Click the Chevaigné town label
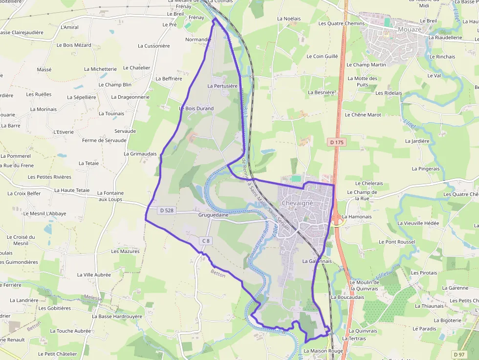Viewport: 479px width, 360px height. [x=297, y=202]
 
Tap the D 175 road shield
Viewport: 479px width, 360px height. [x=337, y=142]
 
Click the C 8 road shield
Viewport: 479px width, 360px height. [x=206, y=240]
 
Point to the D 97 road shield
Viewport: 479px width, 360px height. [x=458, y=354]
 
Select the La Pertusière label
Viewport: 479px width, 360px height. [x=222, y=86]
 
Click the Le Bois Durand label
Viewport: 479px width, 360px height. [x=196, y=108]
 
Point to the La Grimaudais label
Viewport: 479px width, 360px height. [x=140, y=153]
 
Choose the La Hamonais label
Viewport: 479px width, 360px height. [x=357, y=216]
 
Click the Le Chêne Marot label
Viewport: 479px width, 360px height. [x=363, y=115]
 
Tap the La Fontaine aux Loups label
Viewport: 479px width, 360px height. [x=110, y=196]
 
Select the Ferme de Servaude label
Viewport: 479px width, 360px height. [x=104, y=140]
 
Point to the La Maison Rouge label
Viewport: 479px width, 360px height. [x=323, y=351]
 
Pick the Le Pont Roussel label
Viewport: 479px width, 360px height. [x=397, y=242]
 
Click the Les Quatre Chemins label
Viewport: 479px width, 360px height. [x=341, y=23]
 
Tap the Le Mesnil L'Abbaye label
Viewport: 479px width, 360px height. [x=44, y=213]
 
